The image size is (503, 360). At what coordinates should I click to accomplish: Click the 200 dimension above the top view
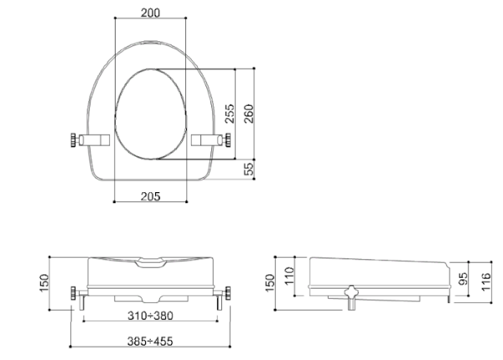[150, 13]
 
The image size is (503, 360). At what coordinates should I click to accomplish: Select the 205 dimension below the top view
[150, 196]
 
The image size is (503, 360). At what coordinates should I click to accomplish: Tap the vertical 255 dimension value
[229, 112]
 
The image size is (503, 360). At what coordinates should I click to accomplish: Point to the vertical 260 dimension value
[248, 112]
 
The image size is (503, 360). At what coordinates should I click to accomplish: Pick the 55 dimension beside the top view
[248, 170]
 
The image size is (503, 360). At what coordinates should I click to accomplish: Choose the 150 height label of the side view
[269, 283]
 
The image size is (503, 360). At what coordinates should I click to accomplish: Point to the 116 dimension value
[485, 276]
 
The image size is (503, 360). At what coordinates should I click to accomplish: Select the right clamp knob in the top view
[226, 141]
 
